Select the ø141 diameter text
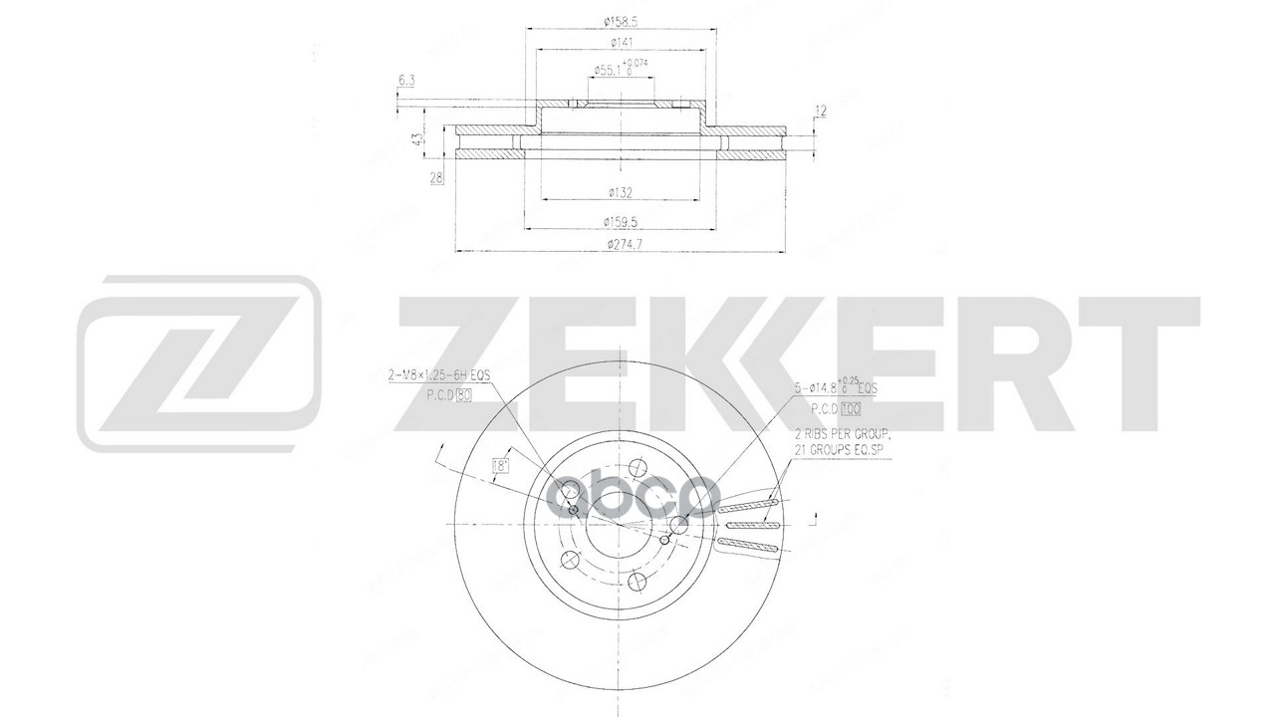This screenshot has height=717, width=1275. tap(620, 42)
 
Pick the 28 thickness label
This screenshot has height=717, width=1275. tap(435, 179)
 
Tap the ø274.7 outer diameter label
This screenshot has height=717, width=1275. tap(620, 244)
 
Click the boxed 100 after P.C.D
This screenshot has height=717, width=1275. tap(848, 408)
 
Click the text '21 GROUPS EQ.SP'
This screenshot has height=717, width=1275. tap(840, 450)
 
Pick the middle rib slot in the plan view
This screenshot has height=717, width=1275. tap(754, 526)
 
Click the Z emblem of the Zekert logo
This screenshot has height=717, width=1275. tap(199, 363)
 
